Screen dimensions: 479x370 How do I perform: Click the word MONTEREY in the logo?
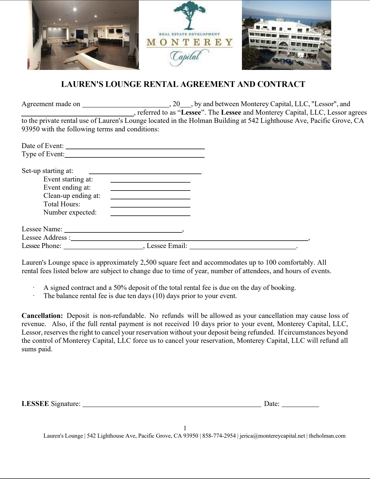(190, 42)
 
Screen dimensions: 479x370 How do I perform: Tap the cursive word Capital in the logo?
(187, 57)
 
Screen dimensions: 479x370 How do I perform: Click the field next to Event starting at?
(150, 180)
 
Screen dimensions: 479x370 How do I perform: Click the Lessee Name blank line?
(123, 230)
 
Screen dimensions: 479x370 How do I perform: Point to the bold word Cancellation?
(42, 316)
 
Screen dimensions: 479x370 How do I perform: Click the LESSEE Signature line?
(172, 405)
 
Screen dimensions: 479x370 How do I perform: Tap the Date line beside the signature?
(300, 405)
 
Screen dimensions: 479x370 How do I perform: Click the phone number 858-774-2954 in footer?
(219, 436)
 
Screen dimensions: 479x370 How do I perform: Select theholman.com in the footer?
(327, 436)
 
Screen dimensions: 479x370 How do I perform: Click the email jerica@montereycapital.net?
(273, 436)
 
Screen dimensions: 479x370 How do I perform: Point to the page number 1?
(185, 428)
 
